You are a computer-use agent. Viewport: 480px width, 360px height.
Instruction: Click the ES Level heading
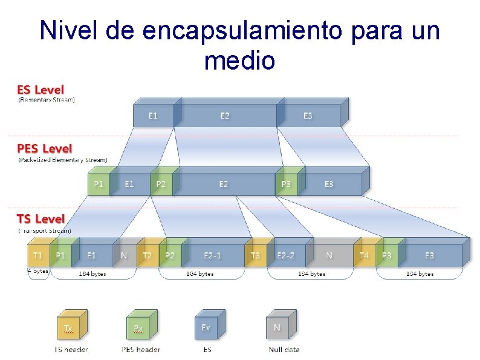(x=40, y=90)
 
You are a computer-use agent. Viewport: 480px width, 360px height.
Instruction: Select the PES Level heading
(x=44, y=148)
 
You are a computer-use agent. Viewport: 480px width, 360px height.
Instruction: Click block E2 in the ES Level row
(x=225, y=116)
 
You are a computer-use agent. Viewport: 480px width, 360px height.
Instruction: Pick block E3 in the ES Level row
(x=308, y=116)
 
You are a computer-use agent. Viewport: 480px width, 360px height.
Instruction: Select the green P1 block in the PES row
(x=98, y=184)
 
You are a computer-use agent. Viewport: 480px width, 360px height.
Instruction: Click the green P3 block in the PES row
(x=286, y=184)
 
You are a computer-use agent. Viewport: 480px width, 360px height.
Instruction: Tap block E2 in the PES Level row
(x=224, y=184)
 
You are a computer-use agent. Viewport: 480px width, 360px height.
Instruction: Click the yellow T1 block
(x=37, y=255)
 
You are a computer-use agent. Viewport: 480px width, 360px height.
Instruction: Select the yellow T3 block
(x=255, y=255)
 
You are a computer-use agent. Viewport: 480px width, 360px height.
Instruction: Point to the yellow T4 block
(x=364, y=255)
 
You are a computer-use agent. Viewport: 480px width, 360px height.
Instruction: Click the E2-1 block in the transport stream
(x=212, y=255)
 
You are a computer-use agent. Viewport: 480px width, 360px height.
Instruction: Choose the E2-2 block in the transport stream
(x=285, y=255)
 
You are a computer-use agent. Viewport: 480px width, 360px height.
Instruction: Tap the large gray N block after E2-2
(x=329, y=255)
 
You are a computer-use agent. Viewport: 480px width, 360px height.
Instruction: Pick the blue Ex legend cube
(x=206, y=328)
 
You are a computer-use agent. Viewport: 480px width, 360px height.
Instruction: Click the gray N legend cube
(x=277, y=328)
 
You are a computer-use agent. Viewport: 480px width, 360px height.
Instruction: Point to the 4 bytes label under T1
(x=37, y=271)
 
